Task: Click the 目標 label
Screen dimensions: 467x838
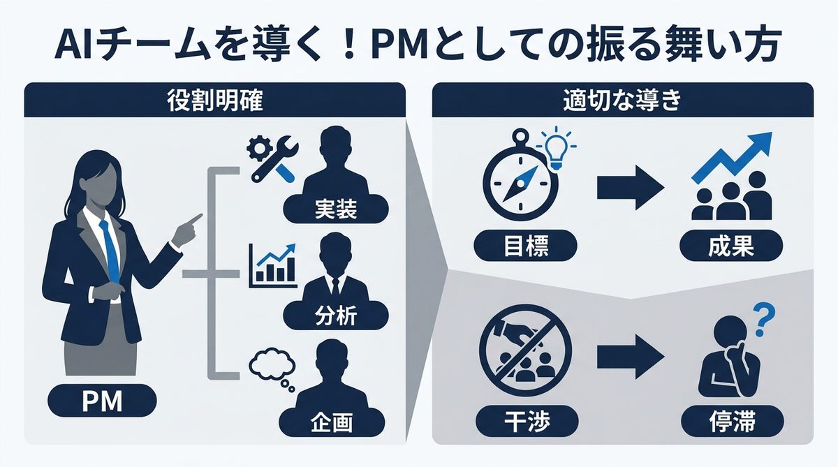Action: tap(525, 246)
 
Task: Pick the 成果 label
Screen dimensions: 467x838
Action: tap(730, 246)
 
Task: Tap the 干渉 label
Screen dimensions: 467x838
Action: tap(525, 421)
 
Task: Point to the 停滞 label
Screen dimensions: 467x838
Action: tap(730, 421)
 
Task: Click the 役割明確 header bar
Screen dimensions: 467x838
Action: tap(215, 101)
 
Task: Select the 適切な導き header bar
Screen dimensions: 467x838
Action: tap(622, 101)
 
